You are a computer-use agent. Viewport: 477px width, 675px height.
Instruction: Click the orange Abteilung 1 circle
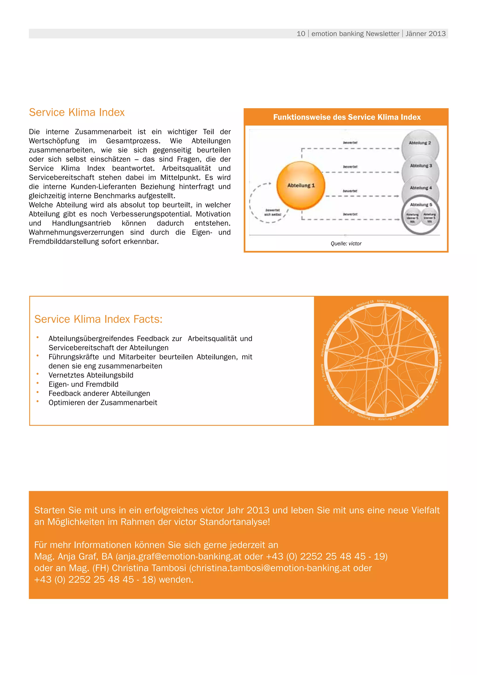301,186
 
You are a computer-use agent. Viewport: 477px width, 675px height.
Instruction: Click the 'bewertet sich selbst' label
273,212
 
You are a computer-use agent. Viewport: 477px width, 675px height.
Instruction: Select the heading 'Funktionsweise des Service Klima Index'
347,117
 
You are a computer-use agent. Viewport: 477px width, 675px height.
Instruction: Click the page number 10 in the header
301,34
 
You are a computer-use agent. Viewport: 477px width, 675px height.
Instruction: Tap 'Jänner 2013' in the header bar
425,34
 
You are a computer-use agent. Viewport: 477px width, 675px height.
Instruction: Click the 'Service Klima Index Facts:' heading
98,319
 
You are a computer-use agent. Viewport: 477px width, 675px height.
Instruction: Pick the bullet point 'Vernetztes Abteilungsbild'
91,375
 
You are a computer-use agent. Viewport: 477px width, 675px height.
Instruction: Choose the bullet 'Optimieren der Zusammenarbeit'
103,403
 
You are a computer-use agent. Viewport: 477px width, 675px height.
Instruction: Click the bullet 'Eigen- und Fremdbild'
83,384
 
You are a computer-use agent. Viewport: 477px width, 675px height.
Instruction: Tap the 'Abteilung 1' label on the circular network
385,301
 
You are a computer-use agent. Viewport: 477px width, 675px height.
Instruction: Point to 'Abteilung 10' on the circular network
387,418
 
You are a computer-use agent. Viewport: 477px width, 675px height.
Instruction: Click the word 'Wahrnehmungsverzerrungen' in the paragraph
76,232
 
